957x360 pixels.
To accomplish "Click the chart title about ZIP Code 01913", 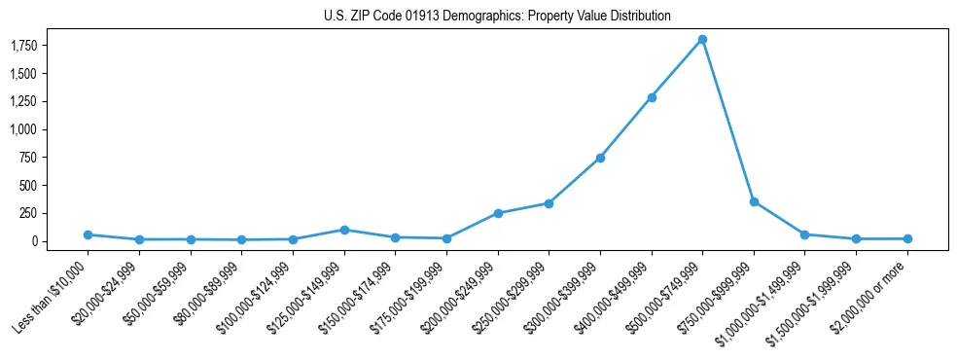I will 497,17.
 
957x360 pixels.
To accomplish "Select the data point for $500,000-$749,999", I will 702,40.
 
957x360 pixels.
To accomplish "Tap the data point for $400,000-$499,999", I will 652,97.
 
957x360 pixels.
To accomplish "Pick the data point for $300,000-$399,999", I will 600,158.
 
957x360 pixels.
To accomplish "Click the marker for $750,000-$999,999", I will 754,201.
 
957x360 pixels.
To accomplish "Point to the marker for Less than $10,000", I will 88,234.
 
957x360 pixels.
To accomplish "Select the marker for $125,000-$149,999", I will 343,230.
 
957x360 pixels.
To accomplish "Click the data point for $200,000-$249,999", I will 498,213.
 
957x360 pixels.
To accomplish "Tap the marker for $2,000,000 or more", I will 907,238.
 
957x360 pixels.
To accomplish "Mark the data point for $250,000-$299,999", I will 549,203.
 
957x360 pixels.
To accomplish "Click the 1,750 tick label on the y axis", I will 23,46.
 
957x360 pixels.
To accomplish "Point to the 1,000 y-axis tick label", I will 23,129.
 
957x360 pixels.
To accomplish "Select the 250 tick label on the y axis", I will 28,213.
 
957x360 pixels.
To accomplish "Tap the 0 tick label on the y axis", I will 34,241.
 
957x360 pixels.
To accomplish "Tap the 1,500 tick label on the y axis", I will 23,74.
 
